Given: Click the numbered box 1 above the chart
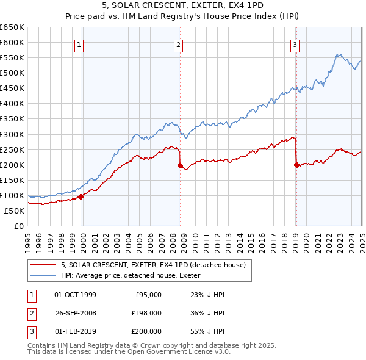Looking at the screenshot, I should tap(80, 44).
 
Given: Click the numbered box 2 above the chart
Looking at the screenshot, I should tap(178, 44).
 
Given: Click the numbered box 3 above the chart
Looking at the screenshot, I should tap(295, 44).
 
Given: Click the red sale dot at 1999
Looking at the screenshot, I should tap(81, 196).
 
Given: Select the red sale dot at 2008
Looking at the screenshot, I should tap(181, 165).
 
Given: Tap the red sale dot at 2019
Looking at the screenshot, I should tap(296, 164).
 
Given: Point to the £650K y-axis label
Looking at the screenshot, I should tap(12, 27).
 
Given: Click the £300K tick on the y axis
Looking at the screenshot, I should tap(12, 134).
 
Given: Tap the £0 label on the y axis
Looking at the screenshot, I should tap(18, 226).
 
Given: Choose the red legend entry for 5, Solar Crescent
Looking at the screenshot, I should tap(152, 265).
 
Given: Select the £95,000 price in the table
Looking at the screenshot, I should tap(148, 295).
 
